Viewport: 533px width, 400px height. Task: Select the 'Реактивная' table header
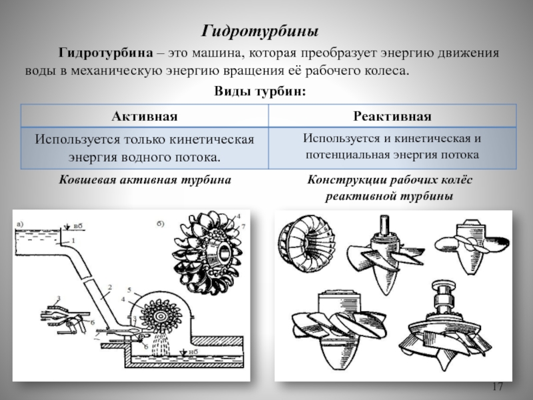click(x=392, y=117)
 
